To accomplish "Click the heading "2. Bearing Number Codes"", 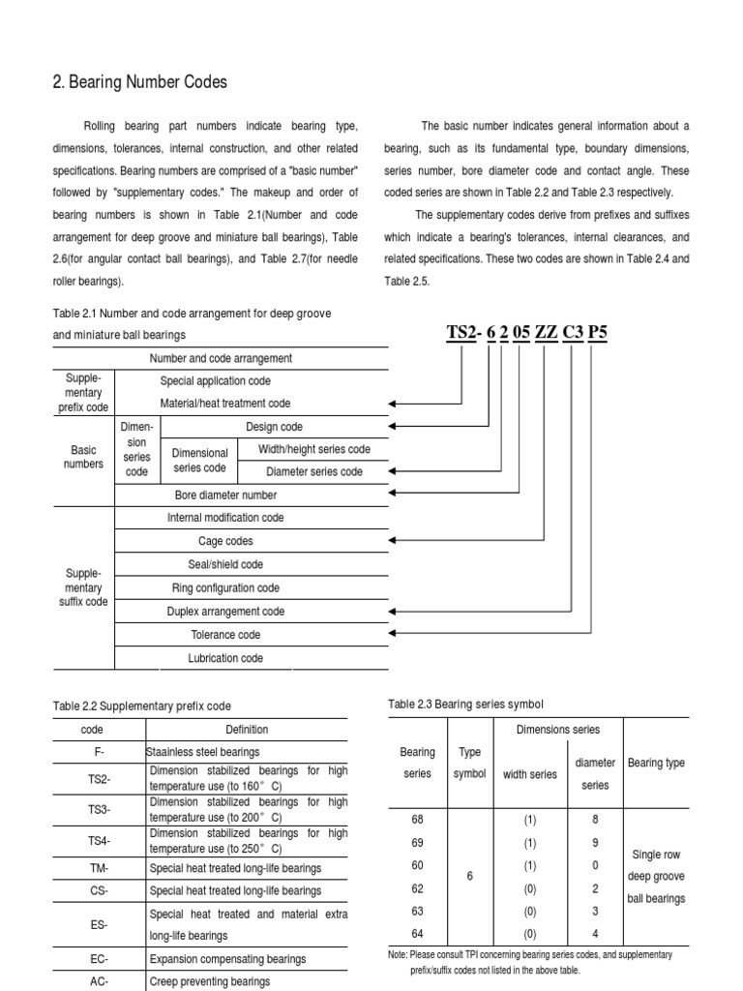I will tap(140, 82).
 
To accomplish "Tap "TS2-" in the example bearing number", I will tap(463, 333).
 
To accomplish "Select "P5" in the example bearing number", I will tap(598, 333).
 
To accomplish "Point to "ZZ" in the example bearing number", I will tap(546, 333).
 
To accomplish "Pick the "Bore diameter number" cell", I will tap(225, 495).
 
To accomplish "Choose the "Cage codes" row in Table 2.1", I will tap(225, 541).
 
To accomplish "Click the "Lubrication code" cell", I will tap(225, 658).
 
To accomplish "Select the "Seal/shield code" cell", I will tap(225, 564).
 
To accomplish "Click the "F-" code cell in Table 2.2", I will tap(99, 751).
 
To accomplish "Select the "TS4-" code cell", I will tap(99, 840).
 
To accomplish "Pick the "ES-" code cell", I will tap(99, 924).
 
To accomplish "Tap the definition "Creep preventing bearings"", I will tap(210, 980).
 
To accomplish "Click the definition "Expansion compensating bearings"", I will tap(227, 959).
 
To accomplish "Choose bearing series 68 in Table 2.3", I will tap(418, 819).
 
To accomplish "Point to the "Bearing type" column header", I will tap(656, 763).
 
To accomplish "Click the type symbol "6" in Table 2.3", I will tap(469, 876).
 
